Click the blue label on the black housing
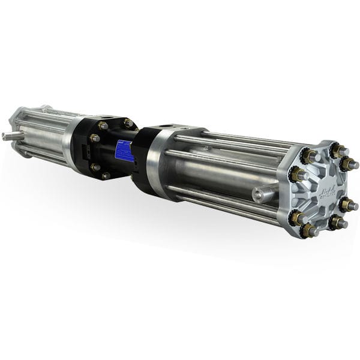point(124,151)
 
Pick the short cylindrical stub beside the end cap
point(263,193)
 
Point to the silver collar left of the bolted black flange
point(72,144)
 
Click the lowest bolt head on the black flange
point(106,176)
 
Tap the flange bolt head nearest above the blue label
point(128,123)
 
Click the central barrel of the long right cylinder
point(222,174)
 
